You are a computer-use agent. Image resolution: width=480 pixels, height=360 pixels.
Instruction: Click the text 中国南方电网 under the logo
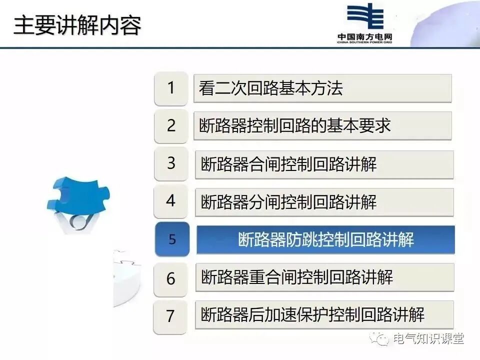point(364,37)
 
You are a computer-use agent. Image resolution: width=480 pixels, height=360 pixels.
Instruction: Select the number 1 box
point(171,88)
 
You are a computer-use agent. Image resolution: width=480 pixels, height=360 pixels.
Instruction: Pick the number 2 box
point(171,126)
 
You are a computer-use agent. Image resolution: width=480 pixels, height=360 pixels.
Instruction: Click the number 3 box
point(171,163)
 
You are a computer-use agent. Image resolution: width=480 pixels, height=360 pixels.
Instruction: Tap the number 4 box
point(171,201)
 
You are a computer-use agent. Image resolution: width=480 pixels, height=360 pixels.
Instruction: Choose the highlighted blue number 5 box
point(172,239)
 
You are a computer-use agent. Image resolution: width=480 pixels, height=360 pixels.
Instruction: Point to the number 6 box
point(171,278)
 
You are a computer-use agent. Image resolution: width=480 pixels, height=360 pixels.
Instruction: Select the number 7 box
point(171,316)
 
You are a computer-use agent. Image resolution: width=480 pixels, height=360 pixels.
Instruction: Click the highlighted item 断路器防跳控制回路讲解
point(325,239)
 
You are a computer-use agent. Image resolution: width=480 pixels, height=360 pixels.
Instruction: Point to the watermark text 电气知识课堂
point(428,338)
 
